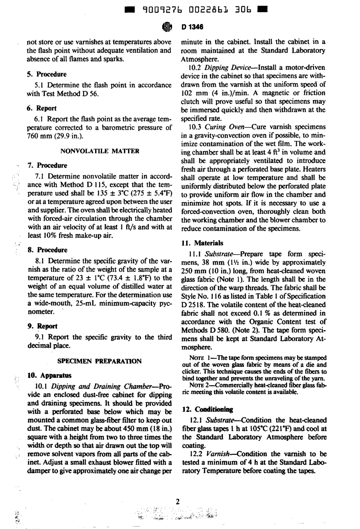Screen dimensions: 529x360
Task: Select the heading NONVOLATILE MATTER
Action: pos(100,151)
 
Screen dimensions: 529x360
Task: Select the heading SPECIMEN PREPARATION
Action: pos(99,361)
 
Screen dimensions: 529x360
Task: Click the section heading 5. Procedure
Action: pos(47,74)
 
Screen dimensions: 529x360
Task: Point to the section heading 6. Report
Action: pos(42,108)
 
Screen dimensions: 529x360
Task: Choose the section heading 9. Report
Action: pos(42,326)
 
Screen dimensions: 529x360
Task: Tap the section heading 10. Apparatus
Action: pos(50,376)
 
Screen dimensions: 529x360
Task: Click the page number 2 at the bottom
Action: pos(178,501)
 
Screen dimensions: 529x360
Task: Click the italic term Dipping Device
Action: pos(227,68)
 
